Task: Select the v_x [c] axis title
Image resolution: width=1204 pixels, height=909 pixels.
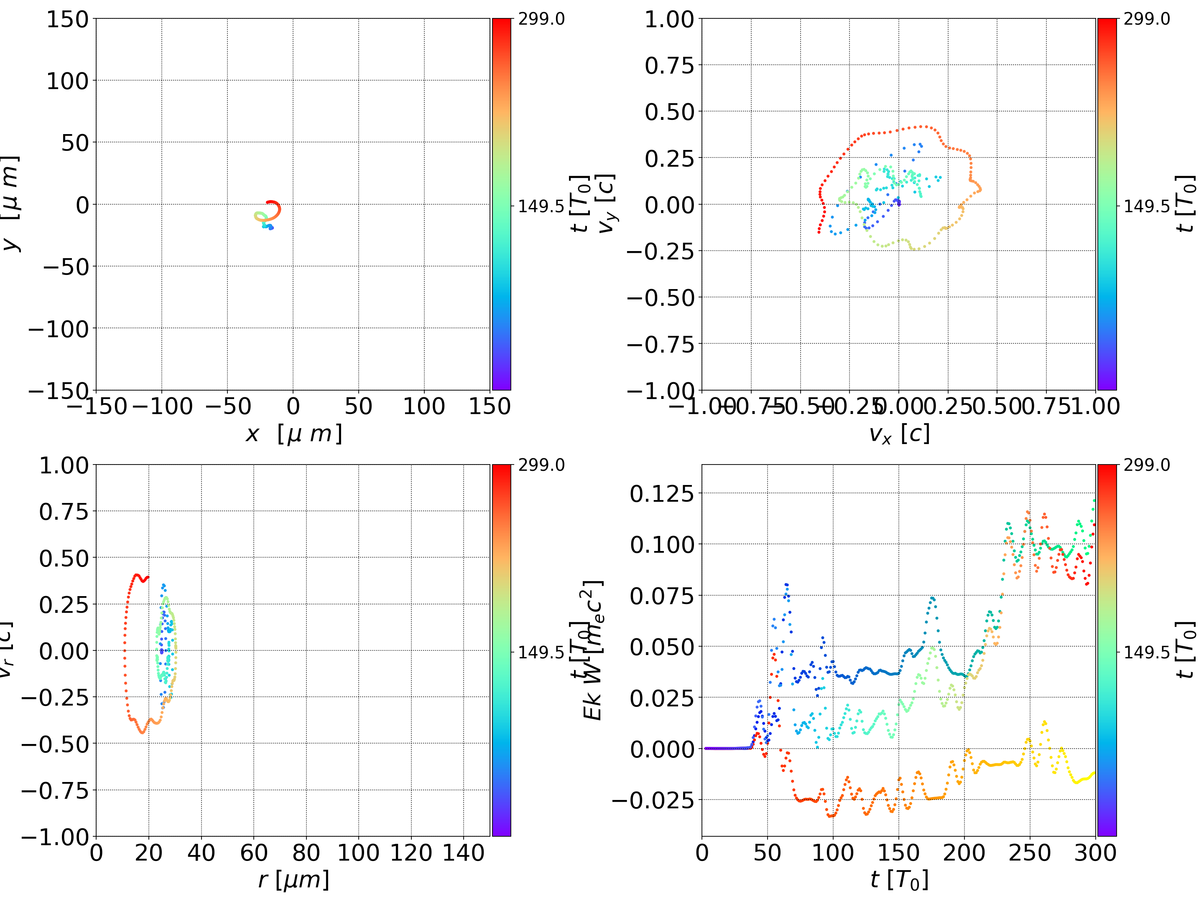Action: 899,434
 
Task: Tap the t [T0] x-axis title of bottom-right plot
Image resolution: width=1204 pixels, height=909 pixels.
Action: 899,880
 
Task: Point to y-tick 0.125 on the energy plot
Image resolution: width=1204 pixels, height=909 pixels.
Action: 662,494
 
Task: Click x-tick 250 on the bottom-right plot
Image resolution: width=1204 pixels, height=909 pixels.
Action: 1030,853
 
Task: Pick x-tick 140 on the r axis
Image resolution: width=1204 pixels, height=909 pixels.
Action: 463,853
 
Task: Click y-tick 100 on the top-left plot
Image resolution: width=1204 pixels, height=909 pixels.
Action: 67,81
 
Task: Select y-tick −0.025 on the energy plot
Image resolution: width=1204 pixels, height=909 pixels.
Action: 653,800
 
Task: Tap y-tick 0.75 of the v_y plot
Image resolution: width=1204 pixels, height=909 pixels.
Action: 669,66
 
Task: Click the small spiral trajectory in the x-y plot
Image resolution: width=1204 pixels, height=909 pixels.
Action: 268,214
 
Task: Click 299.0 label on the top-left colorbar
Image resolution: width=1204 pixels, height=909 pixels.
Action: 541,19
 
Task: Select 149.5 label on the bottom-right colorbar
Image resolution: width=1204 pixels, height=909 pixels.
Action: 1146,652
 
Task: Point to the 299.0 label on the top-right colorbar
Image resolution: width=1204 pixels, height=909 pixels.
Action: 1146,19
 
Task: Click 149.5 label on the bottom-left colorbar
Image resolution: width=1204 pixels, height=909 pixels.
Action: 541,652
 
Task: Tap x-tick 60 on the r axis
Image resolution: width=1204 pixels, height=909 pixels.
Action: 254,853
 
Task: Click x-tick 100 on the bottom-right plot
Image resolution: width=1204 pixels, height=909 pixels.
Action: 833,853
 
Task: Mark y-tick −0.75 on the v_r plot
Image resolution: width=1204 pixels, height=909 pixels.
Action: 54,790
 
